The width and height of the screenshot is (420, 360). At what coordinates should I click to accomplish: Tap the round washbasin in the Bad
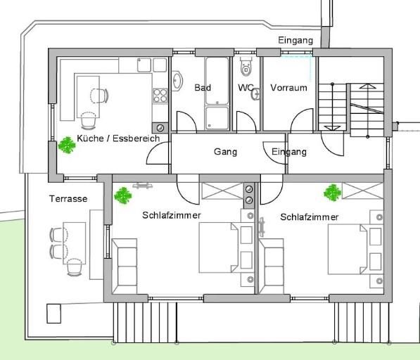[177, 81]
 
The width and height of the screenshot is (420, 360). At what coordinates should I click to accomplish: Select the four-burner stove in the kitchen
[160, 96]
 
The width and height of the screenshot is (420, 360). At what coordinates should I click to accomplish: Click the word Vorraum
[288, 88]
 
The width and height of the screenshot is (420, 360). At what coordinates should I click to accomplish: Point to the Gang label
[225, 152]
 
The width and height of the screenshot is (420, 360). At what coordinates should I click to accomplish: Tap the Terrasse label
[68, 198]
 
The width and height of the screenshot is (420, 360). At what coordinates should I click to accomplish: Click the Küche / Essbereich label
[118, 139]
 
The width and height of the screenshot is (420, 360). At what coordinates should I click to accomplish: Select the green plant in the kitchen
[67, 145]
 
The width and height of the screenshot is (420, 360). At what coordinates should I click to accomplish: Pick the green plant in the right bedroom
[332, 193]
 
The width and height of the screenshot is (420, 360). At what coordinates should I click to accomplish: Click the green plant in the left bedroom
[123, 195]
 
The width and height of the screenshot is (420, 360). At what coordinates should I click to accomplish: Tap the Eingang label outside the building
[295, 40]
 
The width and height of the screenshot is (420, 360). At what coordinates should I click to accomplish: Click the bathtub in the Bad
[217, 81]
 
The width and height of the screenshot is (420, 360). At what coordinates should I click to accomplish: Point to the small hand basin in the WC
[255, 94]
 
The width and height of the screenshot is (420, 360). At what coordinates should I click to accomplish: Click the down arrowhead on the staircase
[332, 128]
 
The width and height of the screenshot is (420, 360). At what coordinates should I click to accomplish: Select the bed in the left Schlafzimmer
[219, 247]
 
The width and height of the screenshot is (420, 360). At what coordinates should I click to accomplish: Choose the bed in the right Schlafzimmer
[348, 250]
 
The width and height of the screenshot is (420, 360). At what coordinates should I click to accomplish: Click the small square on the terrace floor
[54, 314]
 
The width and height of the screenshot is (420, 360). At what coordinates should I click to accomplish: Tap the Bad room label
[203, 87]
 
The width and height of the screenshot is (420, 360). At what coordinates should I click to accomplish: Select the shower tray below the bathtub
[217, 118]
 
